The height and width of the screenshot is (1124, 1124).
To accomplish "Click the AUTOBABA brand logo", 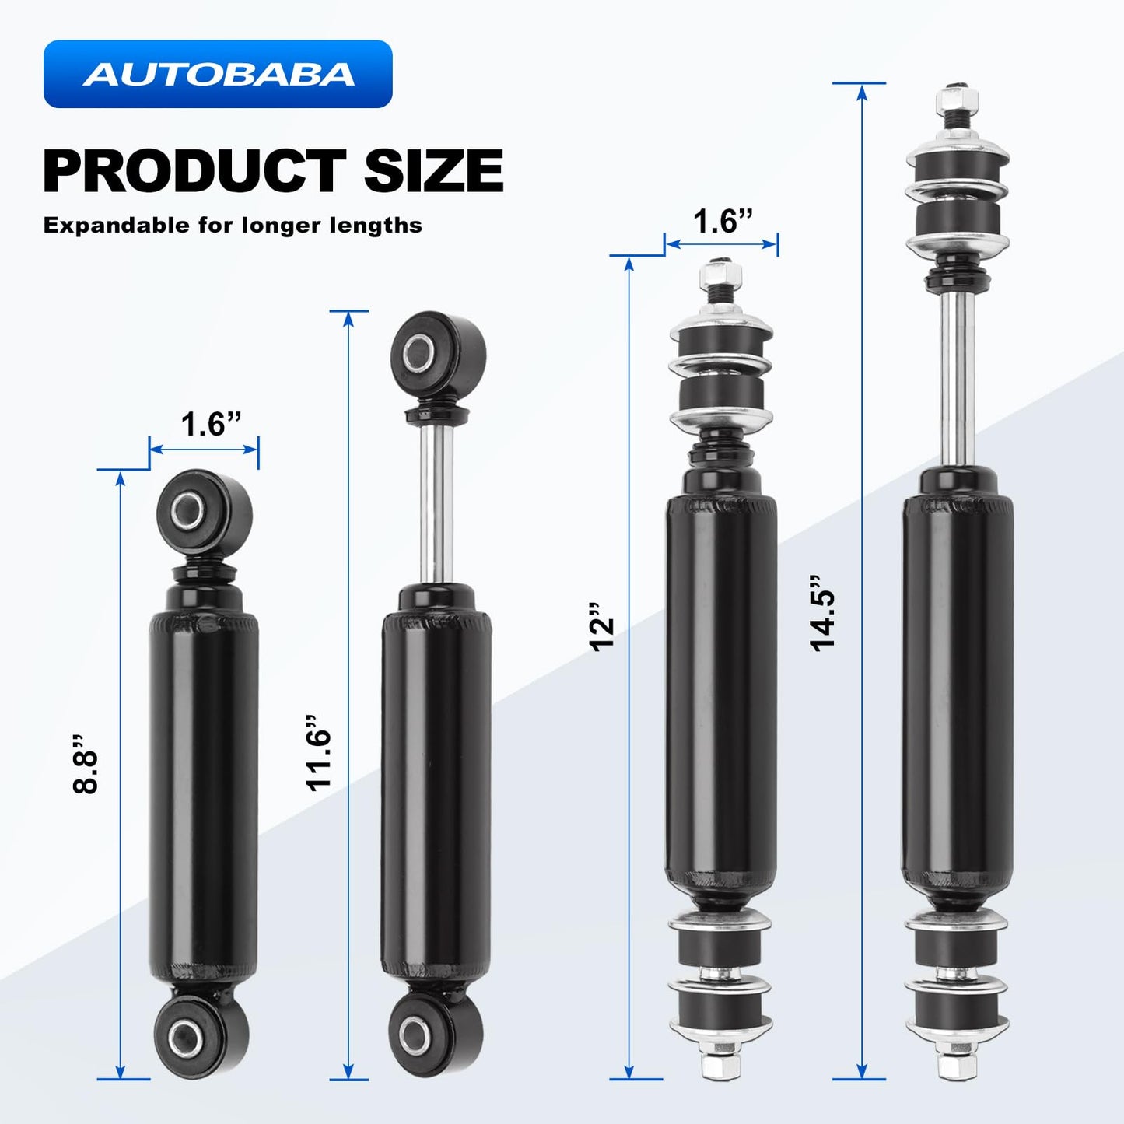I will pyautogui.click(x=218, y=74).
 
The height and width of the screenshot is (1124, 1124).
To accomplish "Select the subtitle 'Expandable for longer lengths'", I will pyautogui.click(x=233, y=226).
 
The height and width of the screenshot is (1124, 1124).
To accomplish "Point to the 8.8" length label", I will pyautogui.click(x=86, y=762).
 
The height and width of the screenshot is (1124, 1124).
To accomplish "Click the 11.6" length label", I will pyautogui.click(x=319, y=752).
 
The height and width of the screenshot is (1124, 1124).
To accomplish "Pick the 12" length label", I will pyautogui.click(x=602, y=626).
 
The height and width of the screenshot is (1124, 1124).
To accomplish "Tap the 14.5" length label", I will pyautogui.click(x=822, y=614).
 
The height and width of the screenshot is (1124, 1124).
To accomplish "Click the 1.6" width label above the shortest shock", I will pyautogui.click(x=211, y=425).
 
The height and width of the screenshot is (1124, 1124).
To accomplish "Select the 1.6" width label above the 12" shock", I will pyautogui.click(x=723, y=222).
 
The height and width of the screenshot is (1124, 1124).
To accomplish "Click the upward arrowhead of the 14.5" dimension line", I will pyautogui.click(x=861, y=92).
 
